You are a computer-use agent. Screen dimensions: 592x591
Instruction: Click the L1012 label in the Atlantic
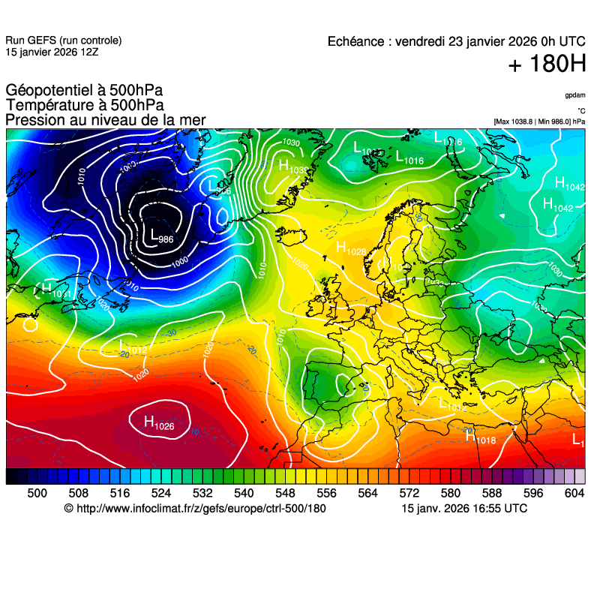[133, 348]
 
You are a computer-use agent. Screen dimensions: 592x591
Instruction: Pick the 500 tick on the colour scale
[37, 492]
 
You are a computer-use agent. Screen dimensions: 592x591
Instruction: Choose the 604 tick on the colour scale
[574, 492]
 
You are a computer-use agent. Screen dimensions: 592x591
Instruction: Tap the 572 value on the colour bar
[409, 492]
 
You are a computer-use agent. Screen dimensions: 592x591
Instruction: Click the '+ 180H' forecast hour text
[546, 65]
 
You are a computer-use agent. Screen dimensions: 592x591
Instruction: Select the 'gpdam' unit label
[575, 95]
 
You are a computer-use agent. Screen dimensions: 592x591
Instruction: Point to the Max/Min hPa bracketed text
[539, 121]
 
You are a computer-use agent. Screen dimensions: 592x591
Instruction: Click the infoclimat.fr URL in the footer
[201, 509]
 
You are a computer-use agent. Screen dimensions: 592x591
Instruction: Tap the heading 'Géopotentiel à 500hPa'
[84, 91]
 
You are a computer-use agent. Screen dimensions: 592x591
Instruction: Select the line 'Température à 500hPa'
[85, 106]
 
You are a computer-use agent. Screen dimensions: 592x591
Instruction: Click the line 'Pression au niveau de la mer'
[105, 120]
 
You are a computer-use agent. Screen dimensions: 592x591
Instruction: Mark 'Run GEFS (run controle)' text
[63, 41]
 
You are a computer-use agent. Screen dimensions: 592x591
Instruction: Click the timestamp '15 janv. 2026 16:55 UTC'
[464, 509]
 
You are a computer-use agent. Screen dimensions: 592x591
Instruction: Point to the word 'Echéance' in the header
[356, 42]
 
